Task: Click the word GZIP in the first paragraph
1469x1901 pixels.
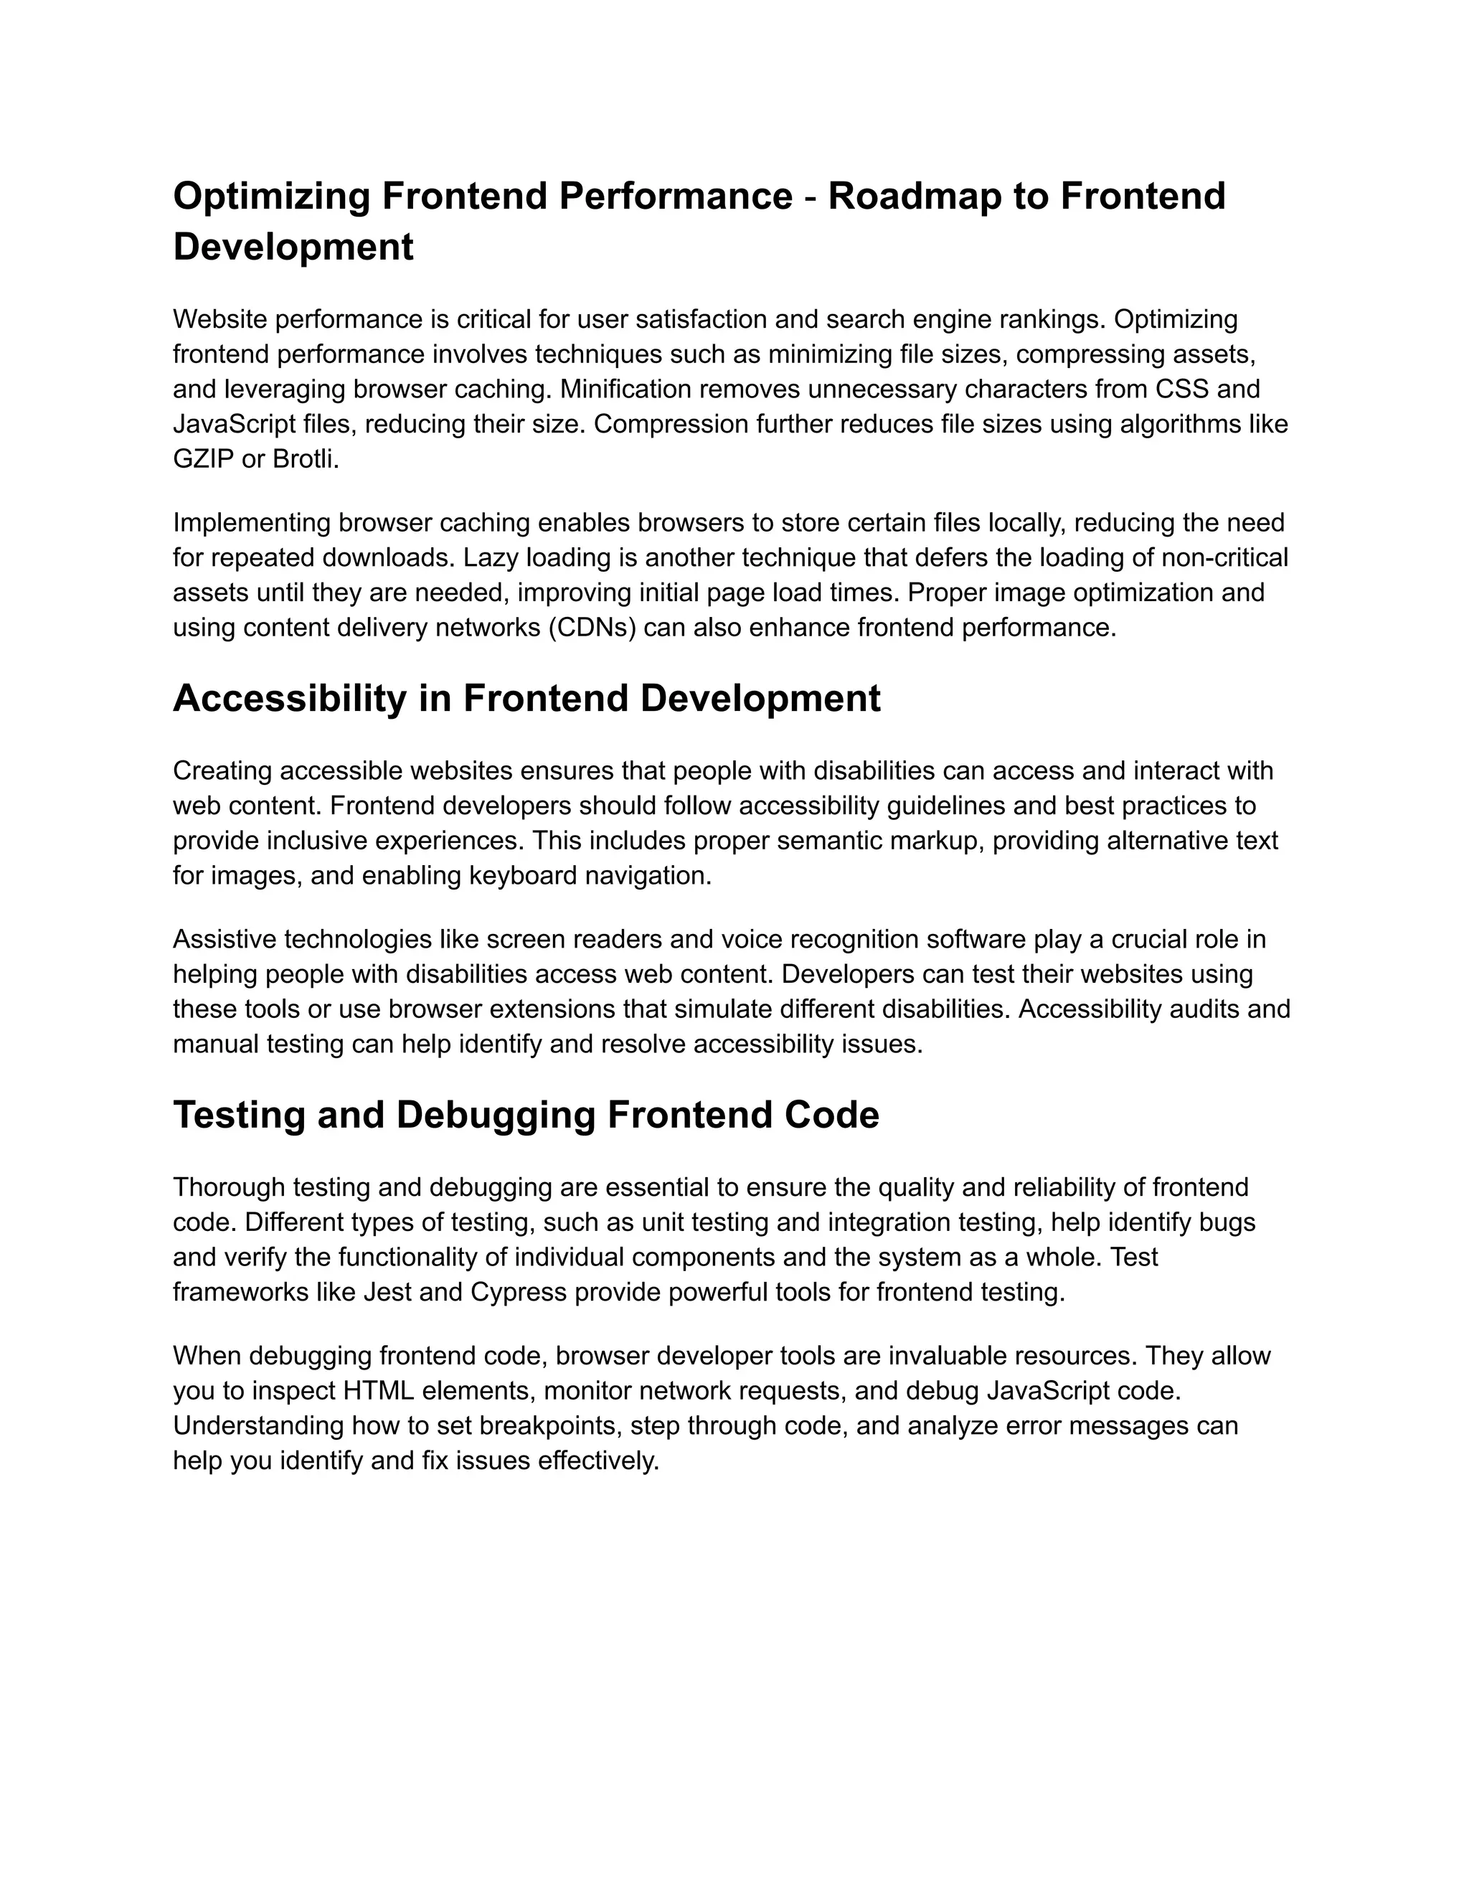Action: (203, 458)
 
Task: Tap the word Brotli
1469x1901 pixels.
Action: (305, 458)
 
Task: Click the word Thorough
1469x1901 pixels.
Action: (230, 1187)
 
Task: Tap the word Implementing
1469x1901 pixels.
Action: (252, 522)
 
